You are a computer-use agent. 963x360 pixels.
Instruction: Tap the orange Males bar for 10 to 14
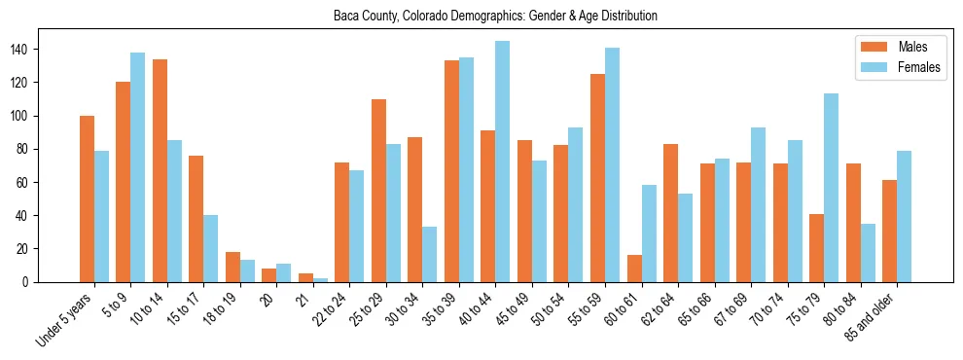(160, 170)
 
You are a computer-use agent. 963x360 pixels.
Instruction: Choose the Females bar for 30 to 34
(430, 254)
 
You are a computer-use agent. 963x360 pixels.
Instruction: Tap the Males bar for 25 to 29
(378, 191)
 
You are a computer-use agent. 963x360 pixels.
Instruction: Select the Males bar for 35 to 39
(451, 171)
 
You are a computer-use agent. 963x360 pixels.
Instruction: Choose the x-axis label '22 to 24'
(328, 310)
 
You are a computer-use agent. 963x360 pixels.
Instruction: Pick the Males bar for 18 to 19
(232, 268)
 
